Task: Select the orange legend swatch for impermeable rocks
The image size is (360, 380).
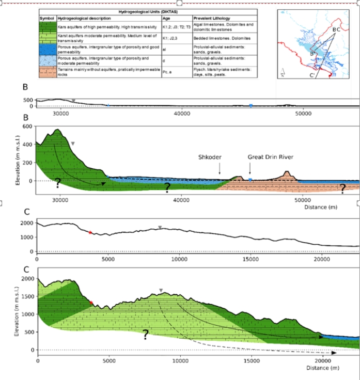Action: [x=53, y=71]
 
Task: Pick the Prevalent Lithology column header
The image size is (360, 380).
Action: [x=213, y=19]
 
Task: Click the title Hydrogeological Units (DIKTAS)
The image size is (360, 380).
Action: [x=149, y=11]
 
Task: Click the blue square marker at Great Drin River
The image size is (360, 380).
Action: [x=251, y=180]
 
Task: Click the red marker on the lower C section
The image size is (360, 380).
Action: [x=91, y=303]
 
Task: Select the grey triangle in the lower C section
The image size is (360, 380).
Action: [x=161, y=290]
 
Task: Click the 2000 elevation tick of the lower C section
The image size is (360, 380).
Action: [x=25, y=278]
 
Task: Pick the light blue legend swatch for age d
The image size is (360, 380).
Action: [x=53, y=60]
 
